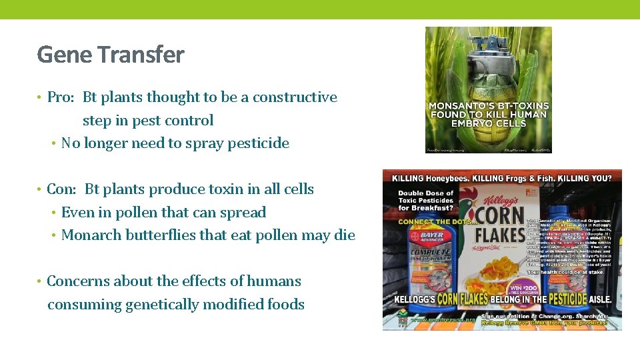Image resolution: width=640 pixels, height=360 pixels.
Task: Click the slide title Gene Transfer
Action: click(x=111, y=55)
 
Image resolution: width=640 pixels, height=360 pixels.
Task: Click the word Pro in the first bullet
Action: click(x=59, y=97)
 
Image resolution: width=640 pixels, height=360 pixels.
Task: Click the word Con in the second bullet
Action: click(x=61, y=189)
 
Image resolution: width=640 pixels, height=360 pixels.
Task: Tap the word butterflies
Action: click(x=159, y=235)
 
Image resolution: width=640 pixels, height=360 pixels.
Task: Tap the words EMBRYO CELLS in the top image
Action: click(x=489, y=123)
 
